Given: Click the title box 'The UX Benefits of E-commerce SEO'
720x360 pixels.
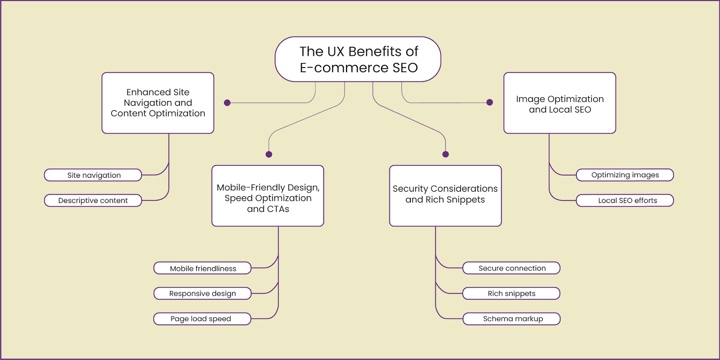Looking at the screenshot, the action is (x=358, y=59).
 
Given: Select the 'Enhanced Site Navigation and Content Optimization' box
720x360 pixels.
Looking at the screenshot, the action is (x=158, y=103).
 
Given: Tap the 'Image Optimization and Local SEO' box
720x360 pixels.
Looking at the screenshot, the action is (x=560, y=103).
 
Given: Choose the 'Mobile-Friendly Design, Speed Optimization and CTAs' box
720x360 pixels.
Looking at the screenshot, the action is (x=268, y=196).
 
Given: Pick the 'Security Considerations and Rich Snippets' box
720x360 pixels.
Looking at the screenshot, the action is (x=445, y=196).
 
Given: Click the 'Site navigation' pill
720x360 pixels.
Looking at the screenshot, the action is (x=93, y=175).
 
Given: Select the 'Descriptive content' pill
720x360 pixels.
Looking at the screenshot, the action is (x=93, y=200).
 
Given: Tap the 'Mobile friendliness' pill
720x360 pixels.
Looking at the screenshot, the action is (x=202, y=268).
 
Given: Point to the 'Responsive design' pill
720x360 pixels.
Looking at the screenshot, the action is (x=202, y=293).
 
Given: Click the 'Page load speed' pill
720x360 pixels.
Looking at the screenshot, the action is (x=202, y=319).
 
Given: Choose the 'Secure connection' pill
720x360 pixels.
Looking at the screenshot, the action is (x=511, y=268).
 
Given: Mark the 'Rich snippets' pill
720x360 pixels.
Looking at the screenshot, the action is (x=511, y=293).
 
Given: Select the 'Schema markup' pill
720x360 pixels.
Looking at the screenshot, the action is (x=511, y=319).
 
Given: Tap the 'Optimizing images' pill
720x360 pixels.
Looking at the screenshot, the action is (x=625, y=175).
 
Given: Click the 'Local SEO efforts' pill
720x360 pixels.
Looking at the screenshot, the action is (x=625, y=200).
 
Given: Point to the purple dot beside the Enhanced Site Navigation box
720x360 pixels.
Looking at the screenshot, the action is (x=227, y=103).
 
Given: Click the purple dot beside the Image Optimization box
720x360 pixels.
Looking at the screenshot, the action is (x=490, y=102).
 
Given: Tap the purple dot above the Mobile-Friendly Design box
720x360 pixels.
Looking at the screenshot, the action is (x=269, y=154).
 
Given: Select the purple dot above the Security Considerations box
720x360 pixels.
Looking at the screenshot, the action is (x=445, y=154).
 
